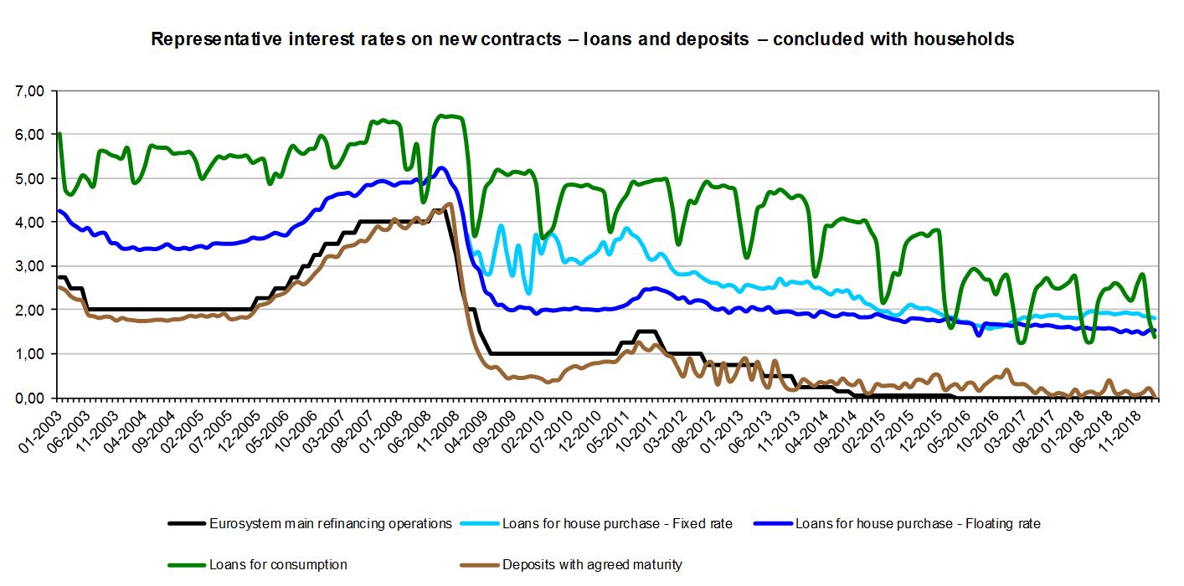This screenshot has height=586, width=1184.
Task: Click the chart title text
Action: [x=583, y=39]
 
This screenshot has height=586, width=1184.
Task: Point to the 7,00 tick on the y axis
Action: [x=33, y=90]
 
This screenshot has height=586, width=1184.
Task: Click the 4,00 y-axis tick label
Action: [x=33, y=223]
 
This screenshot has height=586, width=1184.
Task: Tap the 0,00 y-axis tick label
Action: [x=33, y=398]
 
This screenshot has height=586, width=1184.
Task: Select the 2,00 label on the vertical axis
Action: [x=33, y=311]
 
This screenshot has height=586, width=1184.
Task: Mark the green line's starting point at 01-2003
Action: [x=59, y=134]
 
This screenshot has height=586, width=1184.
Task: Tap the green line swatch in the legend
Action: [x=187, y=564]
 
